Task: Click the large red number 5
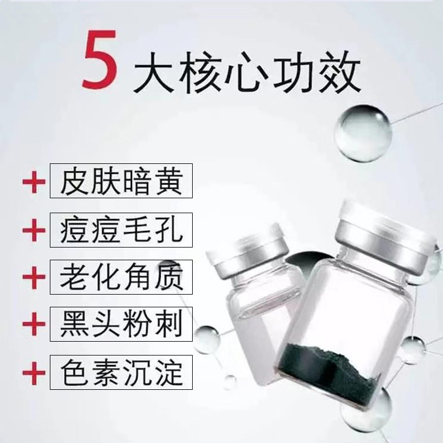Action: (x=100, y=59)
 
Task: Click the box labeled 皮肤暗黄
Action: (x=121, y=181)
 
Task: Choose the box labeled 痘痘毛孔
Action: (x=121, y=230)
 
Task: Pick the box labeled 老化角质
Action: (x=121, y=277)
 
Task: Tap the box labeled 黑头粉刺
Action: (x=121, y=324)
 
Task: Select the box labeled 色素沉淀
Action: (x=121, y=372)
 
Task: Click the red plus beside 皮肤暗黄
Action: (x=34, y=182)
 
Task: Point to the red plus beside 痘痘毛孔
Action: (x=34, y=230)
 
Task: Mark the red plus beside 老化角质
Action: (x=34, y=277)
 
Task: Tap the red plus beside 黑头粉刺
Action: (x=34, y=324)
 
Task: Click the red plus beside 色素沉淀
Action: (x=34, y=373)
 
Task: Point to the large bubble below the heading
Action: (x=363, y=133)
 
